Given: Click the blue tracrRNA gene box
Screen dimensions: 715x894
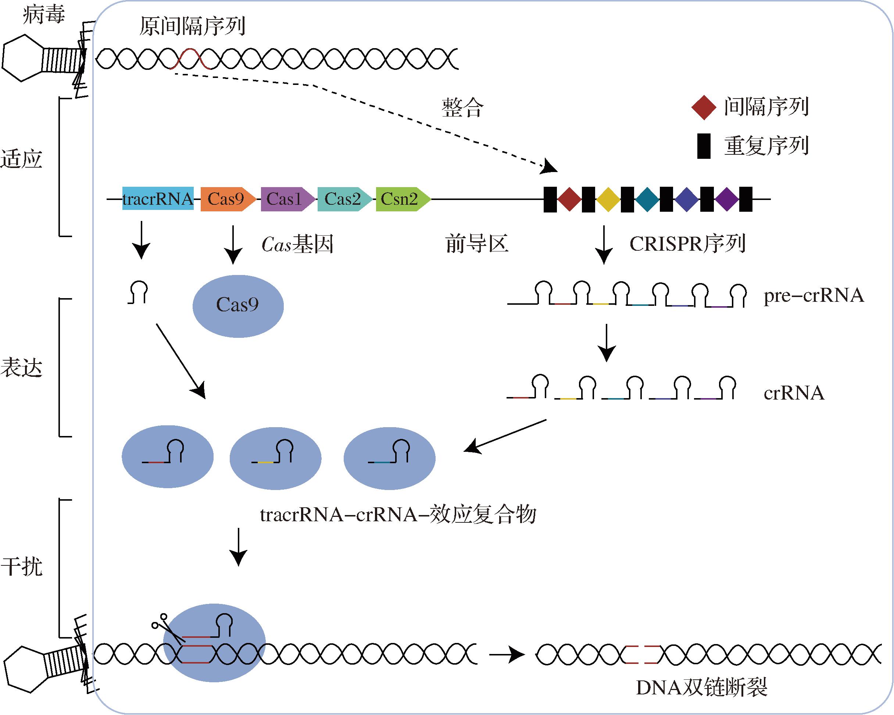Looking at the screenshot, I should (158, 199).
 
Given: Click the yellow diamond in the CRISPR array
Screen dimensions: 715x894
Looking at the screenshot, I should (608, 200).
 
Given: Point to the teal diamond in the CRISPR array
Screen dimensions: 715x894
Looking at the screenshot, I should (647, 200).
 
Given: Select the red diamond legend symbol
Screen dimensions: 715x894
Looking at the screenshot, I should (704, 107).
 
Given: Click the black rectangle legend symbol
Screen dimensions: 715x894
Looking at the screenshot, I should (704, 146).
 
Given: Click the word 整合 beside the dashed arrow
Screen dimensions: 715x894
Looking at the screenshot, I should (462, 108).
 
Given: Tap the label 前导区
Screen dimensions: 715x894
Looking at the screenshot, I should (477, 244).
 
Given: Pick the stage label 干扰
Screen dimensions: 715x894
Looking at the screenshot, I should (22, 566).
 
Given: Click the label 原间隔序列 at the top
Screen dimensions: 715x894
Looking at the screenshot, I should (192, 26).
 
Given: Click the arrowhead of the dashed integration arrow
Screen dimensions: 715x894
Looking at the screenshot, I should (551, 167).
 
